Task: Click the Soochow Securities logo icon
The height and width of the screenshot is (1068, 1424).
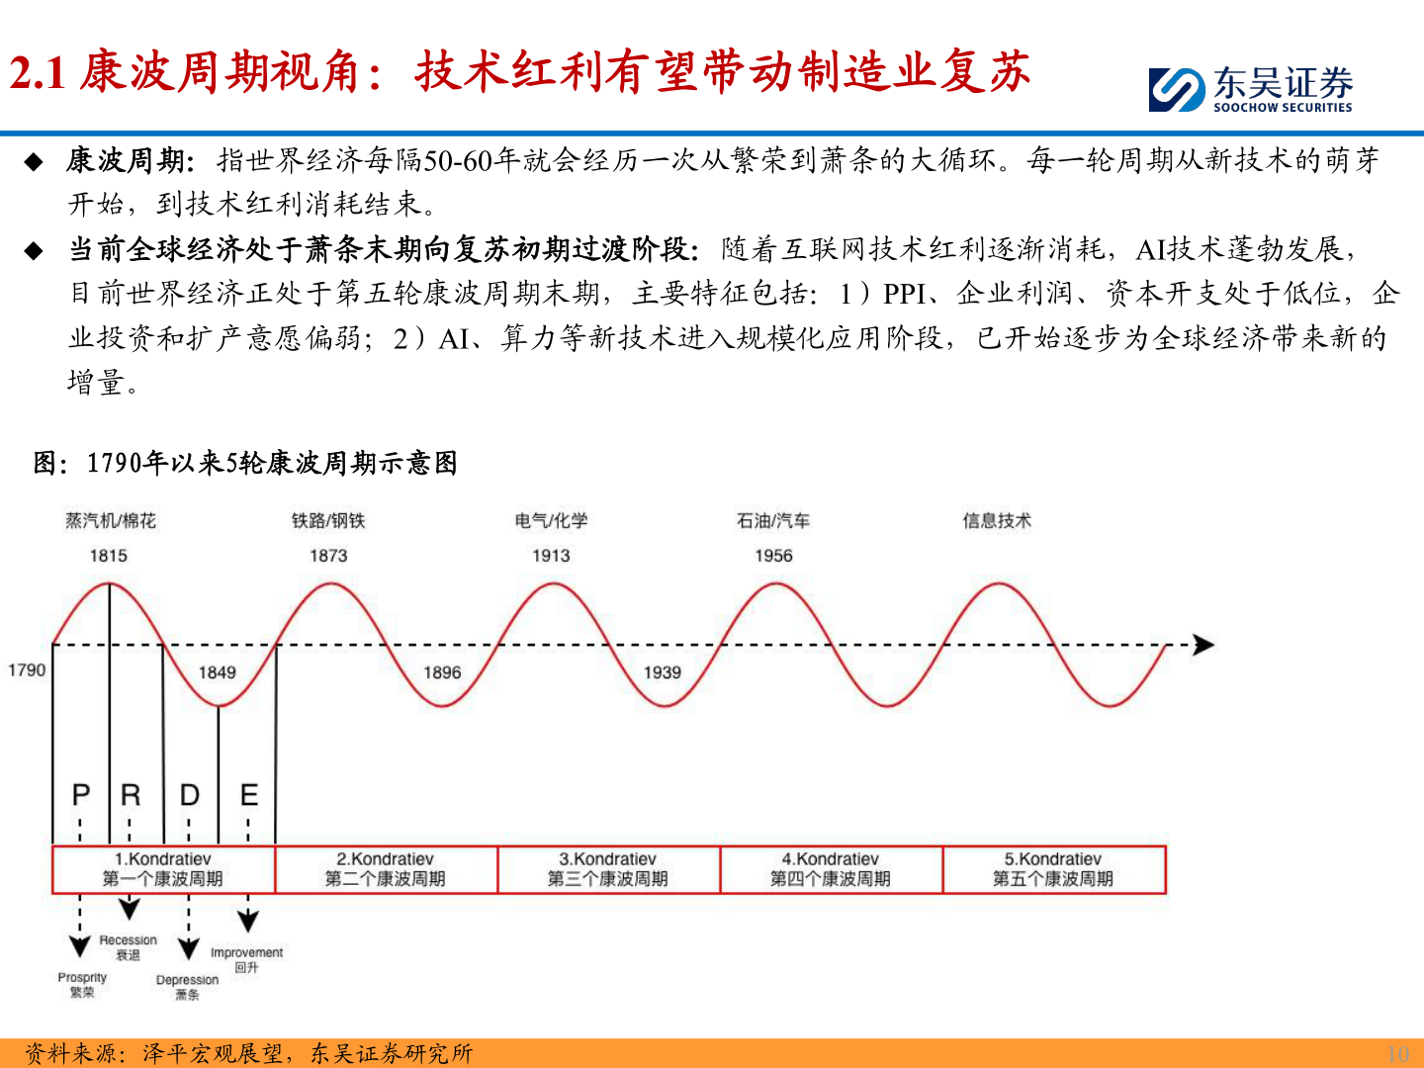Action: point(1177,89)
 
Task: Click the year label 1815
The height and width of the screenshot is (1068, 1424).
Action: point(109,556)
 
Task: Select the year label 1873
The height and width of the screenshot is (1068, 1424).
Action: point(328,556)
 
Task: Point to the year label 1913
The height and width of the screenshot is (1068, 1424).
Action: point(551,556)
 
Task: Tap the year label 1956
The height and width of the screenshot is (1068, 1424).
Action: point(773,556)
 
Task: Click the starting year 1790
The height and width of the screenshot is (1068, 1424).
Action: point(27,669)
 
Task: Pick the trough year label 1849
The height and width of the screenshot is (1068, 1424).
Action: point(218,672)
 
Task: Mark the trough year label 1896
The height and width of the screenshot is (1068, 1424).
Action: point(442,672)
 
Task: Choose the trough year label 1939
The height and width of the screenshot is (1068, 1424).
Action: point(663,672)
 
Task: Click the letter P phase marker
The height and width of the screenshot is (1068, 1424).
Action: point(81,795)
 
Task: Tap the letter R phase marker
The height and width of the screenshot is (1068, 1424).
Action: point(131,795)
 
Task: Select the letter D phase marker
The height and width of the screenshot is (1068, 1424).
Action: point(189,795)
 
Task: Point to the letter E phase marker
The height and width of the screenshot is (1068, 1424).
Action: point(249,795)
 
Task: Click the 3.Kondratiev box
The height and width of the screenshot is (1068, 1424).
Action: point(608,869)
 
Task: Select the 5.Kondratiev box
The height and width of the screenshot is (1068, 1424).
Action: point(1053,869)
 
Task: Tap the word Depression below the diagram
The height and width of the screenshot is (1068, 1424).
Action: point(187,980)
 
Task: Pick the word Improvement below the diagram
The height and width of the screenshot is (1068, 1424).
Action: point(246,952)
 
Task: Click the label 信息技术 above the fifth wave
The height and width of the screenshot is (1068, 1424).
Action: point(997,520)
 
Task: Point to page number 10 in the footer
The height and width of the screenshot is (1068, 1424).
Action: point(1397,1053)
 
